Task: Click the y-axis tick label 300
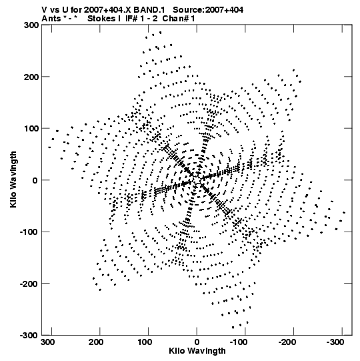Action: coord(31,25)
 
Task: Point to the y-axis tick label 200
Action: coord(31,77)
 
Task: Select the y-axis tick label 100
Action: coord(31,129)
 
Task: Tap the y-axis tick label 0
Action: coord(35,180)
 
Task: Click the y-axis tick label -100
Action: coord(29,232)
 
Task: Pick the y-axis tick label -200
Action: coord(29,284)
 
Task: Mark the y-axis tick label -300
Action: coord(29,335)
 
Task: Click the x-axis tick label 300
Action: coord(48,342)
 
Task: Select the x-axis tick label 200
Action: coord(97,342)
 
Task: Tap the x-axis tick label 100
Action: coord(145,342)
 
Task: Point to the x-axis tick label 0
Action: coord(197,342)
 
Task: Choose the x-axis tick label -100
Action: coord(238,342)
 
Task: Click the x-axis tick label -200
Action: coord(287,342)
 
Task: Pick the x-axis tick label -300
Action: coord(335,342)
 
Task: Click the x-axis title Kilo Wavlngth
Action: coord(197,352)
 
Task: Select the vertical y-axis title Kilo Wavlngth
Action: coord(13,179)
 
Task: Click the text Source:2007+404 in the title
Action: coord(208,10)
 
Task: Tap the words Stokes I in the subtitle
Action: coord(104,19)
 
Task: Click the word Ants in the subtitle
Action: coord(51,19)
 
